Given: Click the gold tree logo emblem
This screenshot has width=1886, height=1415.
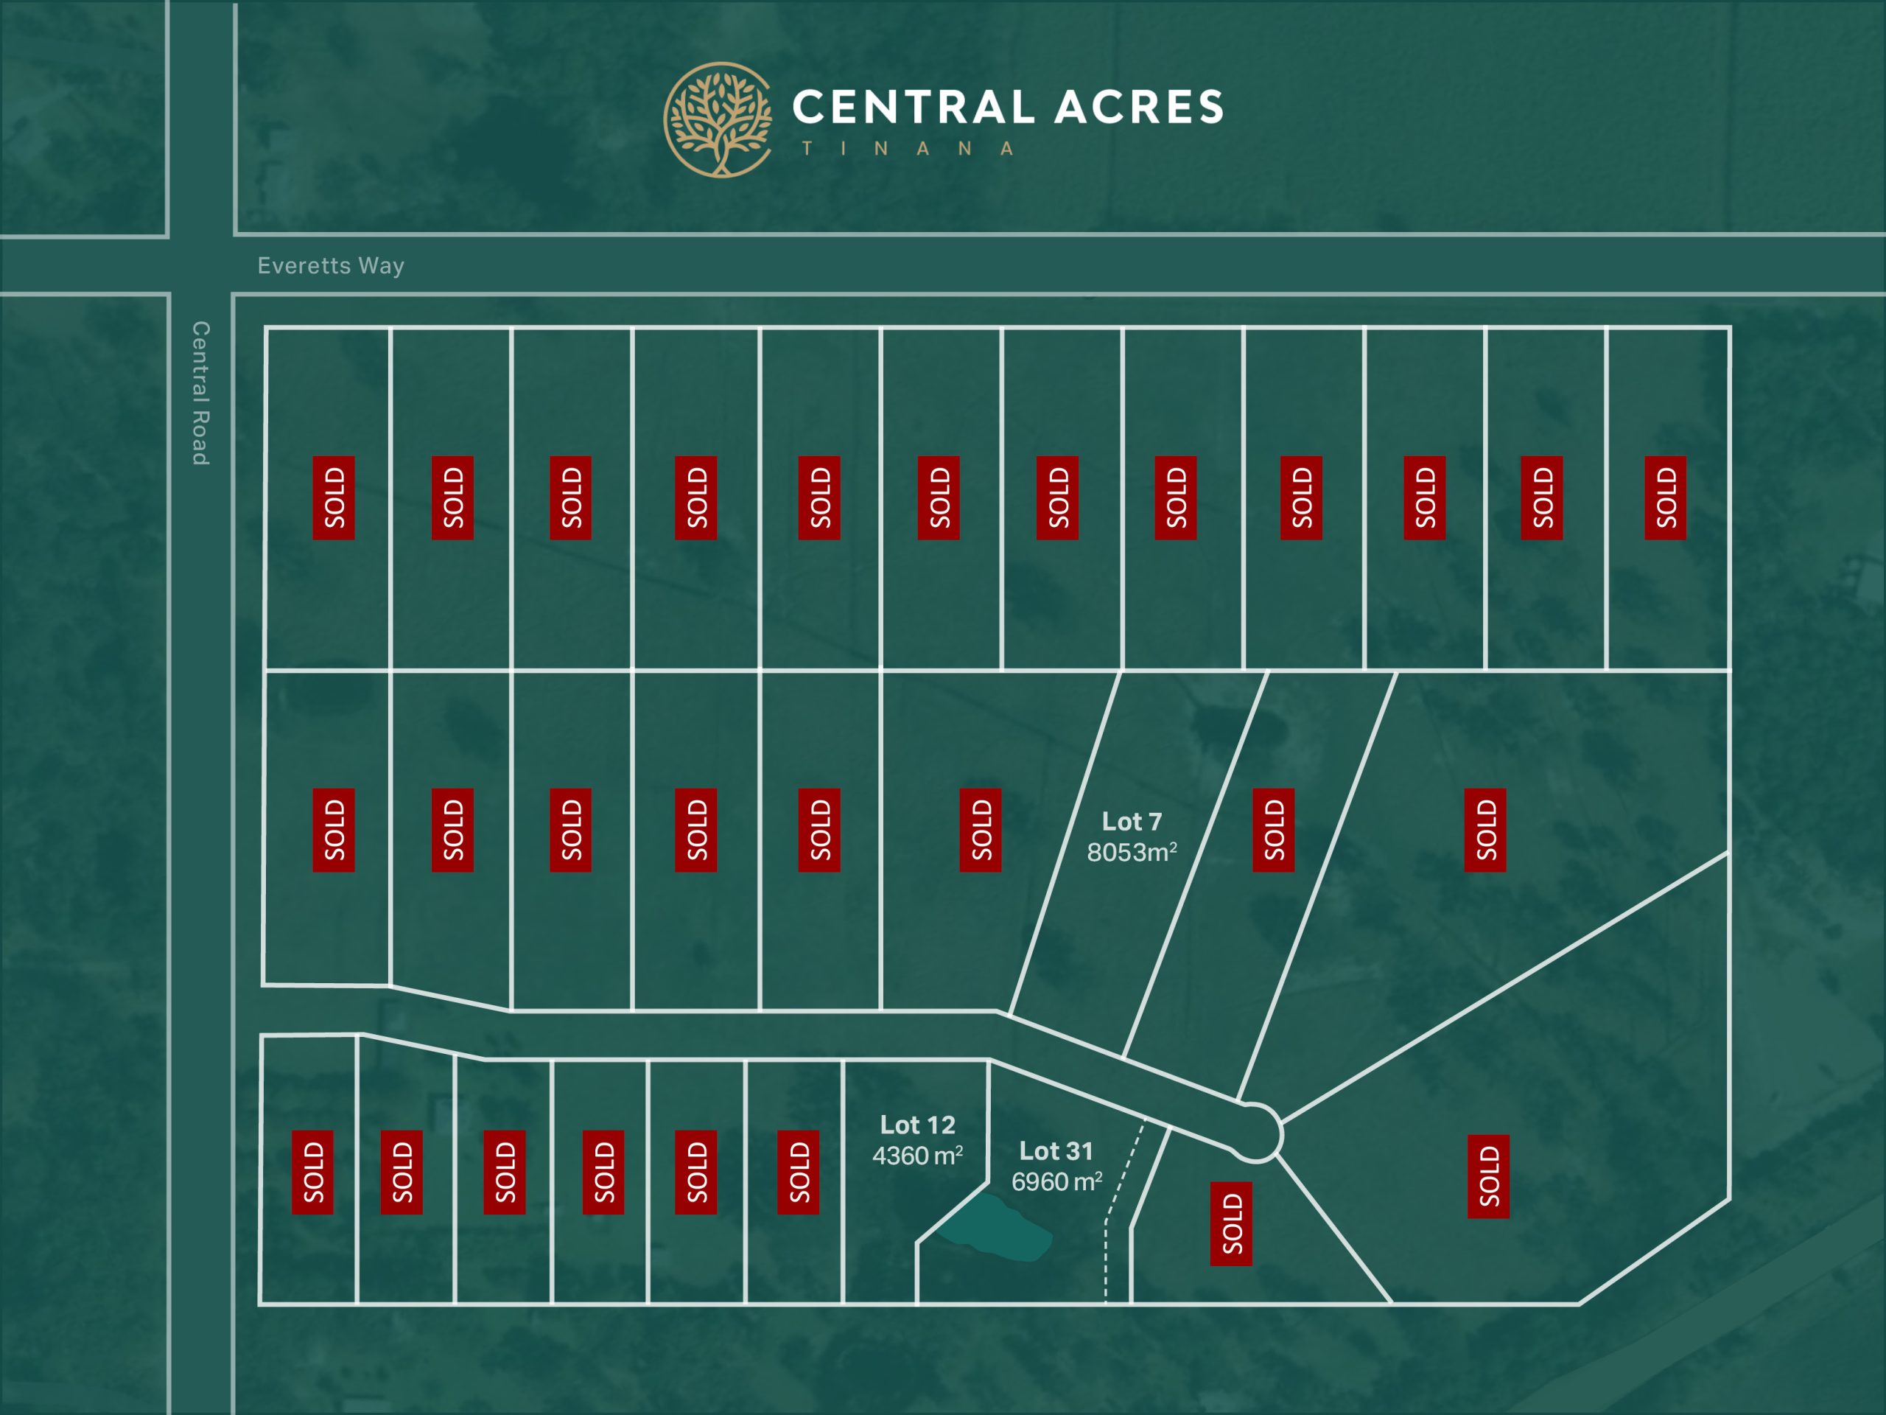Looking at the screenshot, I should [x=718, y=119].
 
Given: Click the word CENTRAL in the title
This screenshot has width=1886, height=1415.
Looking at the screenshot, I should [x=912, y=108].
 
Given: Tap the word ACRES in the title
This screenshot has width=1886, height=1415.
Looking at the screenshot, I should [x=1138, y=108].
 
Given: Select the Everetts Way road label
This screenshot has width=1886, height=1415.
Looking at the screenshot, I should [x=331, y=266].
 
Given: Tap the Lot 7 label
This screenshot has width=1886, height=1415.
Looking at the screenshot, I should [x=1132, y=822].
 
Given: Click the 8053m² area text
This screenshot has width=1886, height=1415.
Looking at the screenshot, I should [x=1132, y=852].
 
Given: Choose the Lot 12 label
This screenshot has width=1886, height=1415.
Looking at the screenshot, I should [x=917, y=1125].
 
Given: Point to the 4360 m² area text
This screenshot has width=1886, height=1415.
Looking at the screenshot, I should [x=917, y=1156].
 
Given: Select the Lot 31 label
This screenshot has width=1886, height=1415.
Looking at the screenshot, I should [x=1056, y=1151].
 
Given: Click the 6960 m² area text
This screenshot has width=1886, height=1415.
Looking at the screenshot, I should [x=1056, y=1182].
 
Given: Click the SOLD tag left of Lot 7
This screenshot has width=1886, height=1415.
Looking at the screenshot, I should [x=981, y=830].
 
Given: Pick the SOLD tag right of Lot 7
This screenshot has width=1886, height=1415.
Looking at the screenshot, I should [x=1273, y=830].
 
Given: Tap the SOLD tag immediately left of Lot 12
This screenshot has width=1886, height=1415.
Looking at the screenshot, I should [x=798, y=1172].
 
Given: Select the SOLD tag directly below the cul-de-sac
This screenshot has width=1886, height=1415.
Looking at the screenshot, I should [x=1231, y=1224].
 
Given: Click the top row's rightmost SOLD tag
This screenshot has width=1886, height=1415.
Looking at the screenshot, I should [x=1665, y=498].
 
